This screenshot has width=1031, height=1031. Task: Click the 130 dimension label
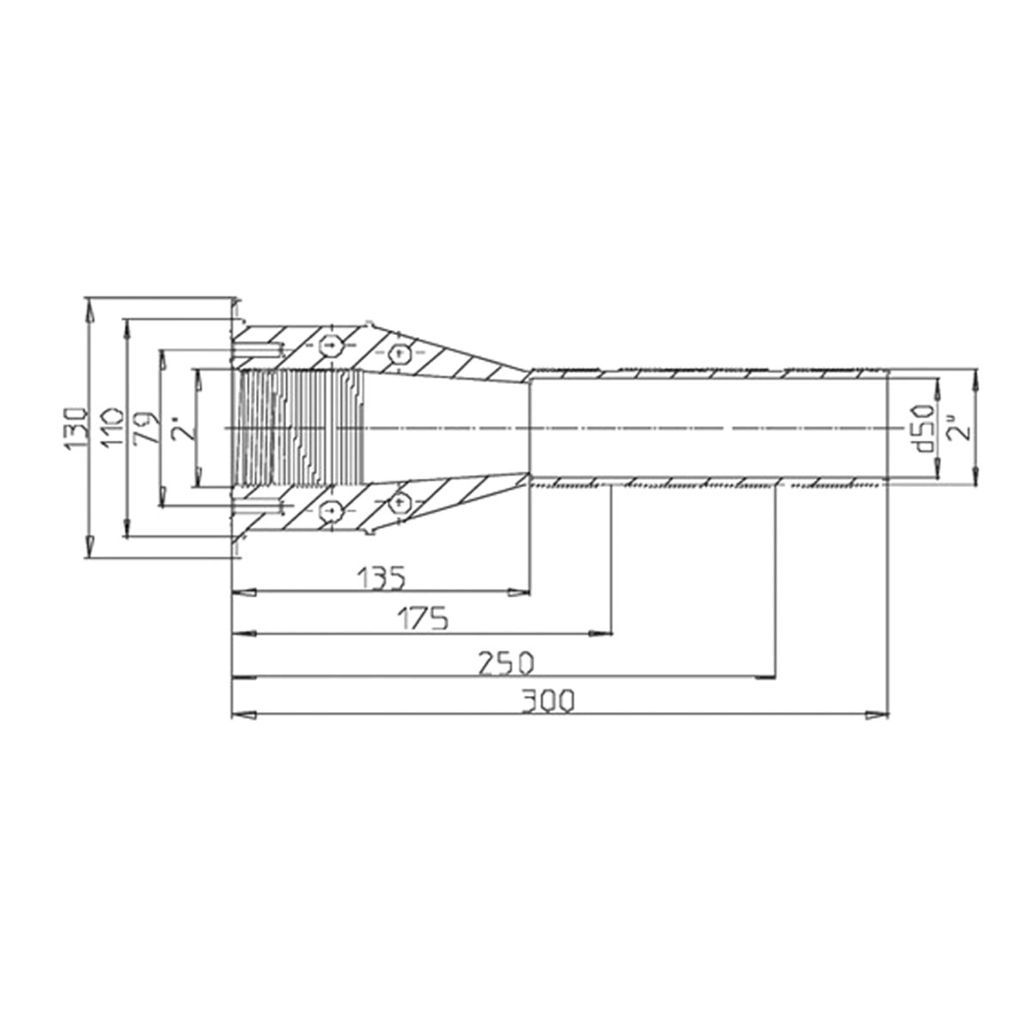tap(75, 429)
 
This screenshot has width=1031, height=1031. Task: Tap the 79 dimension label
tap(147, 428)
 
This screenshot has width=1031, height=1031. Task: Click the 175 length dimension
tap(424, 619)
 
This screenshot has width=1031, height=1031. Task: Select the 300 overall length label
tap(547, 701)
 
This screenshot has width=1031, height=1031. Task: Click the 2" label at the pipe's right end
tap(960, 428)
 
